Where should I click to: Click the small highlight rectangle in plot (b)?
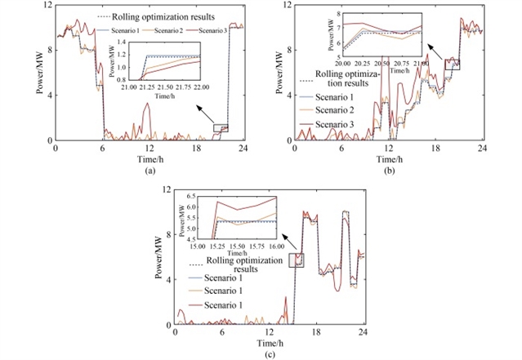point(452,64)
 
